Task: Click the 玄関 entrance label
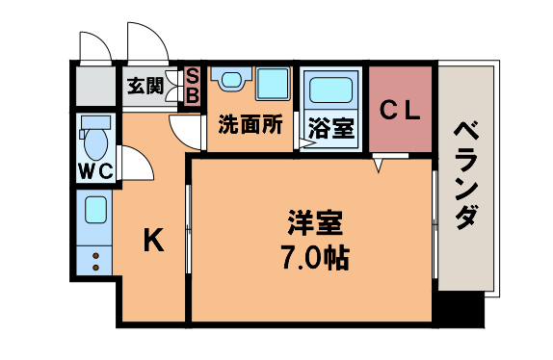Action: pyautogui.click(x=145, y=84)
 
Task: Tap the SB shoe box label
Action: pyautogui.click(x=192, y=85)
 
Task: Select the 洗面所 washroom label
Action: pyautogui.click(x=250, y=125)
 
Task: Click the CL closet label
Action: pyautogui.click(x=398, y=110)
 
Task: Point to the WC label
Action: pyautogui.click(x=95, y=171)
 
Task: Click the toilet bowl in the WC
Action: pyautogui.click(x=95, y=141)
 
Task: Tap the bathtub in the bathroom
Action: pyautogui.click(x=330, y=91)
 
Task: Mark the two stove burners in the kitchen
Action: pyautogui.click(x=95, y=259)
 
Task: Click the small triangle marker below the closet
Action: pyautogui.click(x=380, y=165)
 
